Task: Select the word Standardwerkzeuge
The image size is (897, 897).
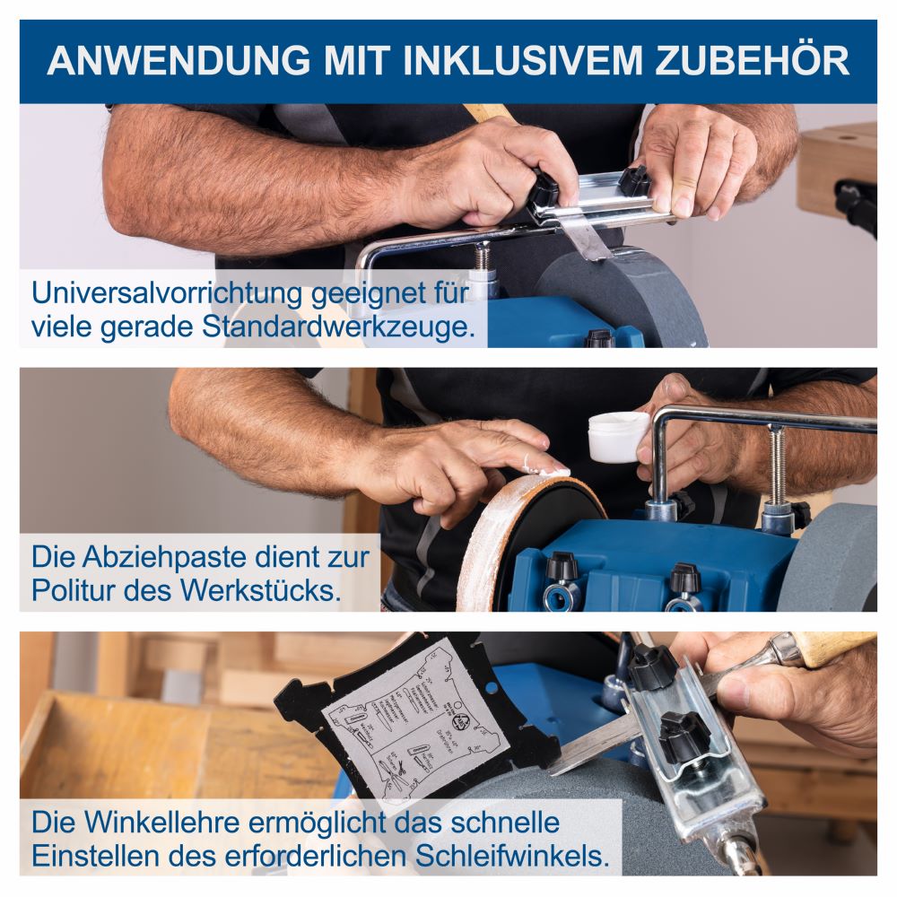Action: click(x=337, y=326)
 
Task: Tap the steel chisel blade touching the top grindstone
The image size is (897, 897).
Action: click(x=588, y=238)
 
